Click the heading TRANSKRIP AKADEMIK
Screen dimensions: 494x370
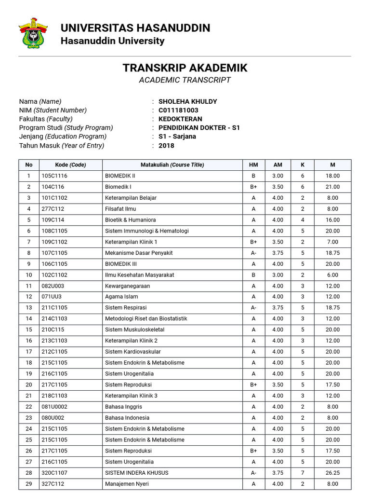click(x=185, y=68)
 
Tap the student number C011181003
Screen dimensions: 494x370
click(x=178, y=110)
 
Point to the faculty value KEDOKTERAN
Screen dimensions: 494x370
click(x=180, y=119)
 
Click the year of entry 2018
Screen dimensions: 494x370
click(x=166, y=145)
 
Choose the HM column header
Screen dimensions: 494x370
click(x=253, y=165)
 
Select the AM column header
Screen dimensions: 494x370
click(x=277, y=165)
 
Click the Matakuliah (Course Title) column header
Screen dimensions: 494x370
click(x=172, y=165)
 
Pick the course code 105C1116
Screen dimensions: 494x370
click(x=54, y=176)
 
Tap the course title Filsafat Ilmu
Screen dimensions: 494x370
click(x=120, y=209)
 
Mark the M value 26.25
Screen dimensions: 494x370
click(x=332, y=473)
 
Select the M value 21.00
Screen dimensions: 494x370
click(x=332, y=187)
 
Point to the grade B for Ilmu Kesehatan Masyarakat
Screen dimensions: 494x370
click(x=253, y=275)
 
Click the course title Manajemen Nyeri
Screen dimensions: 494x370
click(x=127, y=484)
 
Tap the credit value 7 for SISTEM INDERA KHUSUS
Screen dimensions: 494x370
click(x=303, y=473)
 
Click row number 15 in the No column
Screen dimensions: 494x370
click(x=29, y=329)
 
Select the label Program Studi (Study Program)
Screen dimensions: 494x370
click(x=66, y=128)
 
